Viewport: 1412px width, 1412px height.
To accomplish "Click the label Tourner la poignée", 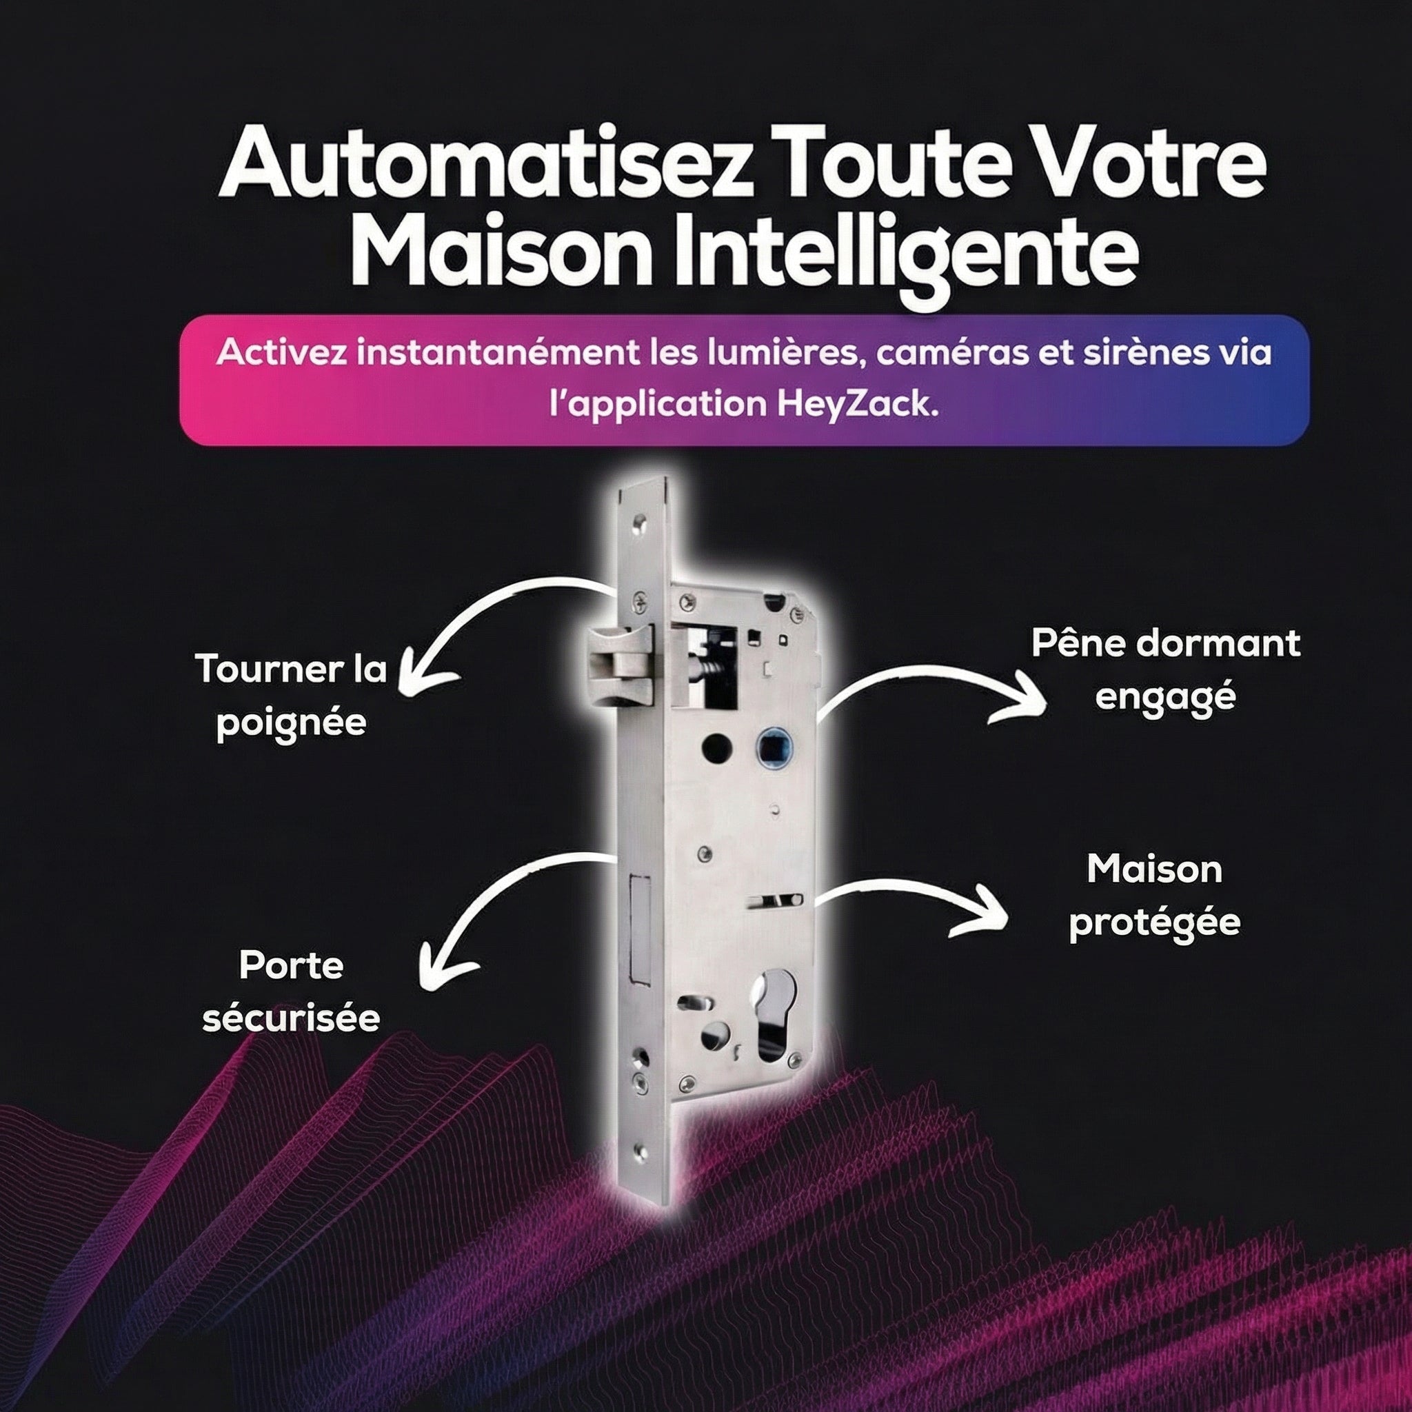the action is [x=291, y=695].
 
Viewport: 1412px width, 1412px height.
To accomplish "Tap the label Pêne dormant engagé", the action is [x=1166, y=670].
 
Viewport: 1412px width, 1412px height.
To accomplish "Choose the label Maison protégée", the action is [x=1155, y=896].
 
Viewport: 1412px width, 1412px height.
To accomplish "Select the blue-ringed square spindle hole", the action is [x=771, y=747].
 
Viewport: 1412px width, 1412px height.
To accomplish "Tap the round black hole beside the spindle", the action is [x=717, y=747].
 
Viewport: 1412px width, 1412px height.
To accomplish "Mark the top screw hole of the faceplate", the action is [x=641, y=523].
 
